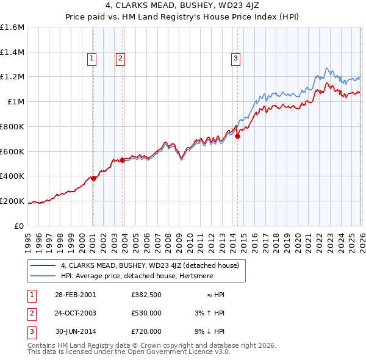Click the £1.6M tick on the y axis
(12, 27)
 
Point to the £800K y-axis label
(12, 126)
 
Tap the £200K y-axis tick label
(12, 201)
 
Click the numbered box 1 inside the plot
(91, 59)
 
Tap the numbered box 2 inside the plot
(121, 59)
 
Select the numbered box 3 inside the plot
(235, 59)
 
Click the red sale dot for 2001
(93, 178)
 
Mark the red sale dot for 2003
(122, 160)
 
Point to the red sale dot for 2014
(237, 137)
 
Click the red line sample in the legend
(44, 265)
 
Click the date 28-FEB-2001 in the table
(75, 295)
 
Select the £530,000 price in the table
(146, 313)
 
